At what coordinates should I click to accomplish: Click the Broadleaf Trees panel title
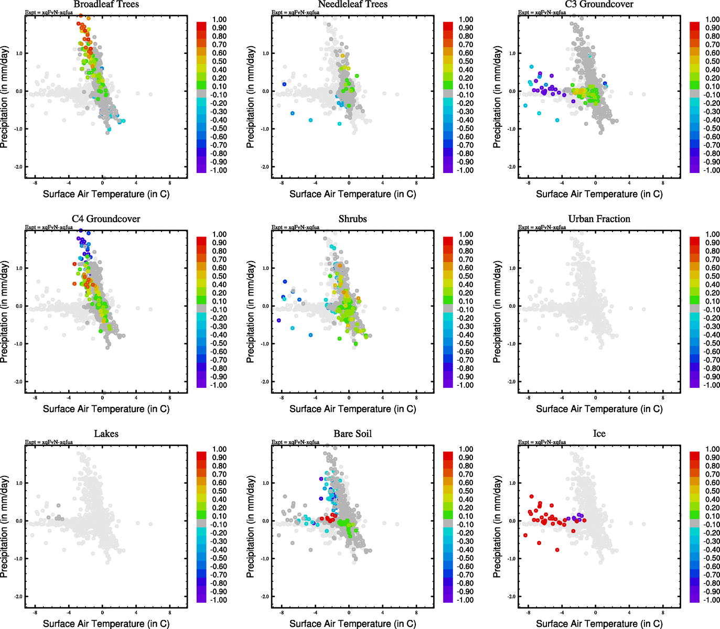pyautogui.click(x=106, y=5)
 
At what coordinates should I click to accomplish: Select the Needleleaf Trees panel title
pyautogui.click(x=352, y=5)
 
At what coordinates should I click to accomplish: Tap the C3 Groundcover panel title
pyautogui.click(x=599, y=5)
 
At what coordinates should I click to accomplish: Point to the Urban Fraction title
pyautogui.click(x=599, y=219)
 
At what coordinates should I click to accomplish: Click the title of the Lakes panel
pyautogui.click(x=106, y=434)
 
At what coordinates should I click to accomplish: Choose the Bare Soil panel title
pyautogui.click(x=352, y=434)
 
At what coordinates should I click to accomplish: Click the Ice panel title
pyautogui.click(x=599, y=434)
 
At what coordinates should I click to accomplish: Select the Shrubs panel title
pyautogui.click(x=352, y=219)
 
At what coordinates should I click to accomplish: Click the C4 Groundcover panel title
pyautogui.click(x=106, y=219)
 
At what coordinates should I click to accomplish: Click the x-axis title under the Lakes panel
pyautogui.click(x=106, y=623)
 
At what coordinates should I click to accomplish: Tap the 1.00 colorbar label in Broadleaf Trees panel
pyautogui.click(x=219, y=19)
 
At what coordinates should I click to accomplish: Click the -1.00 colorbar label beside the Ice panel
pyautogui.click(x=712, y=600)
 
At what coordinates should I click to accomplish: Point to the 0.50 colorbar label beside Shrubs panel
pyautogui.click(x=466, y=276)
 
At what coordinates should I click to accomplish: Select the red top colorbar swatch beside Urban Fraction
pyautogui.click(x=694, y=241)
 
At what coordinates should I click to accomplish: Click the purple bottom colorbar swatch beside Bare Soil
pyautogui.click(x=448, y=598)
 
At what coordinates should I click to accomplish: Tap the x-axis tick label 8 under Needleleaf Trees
pyautogui.click(x=416, y=183)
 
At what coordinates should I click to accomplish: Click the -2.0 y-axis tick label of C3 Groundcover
pyautogui.click(x=511, y=167)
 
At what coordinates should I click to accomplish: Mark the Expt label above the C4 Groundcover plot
pyautogui.click(x=49, y=227)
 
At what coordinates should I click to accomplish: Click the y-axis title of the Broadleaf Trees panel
pyautogui.click(x=5, y=97)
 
